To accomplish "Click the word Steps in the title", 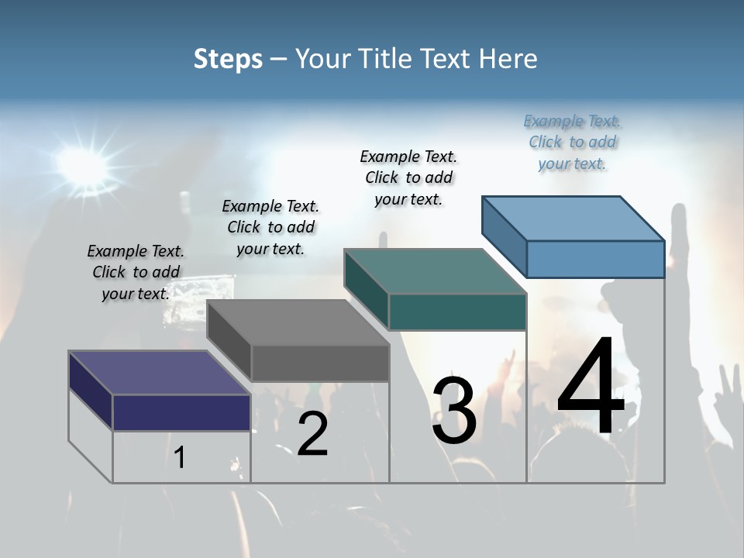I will (228, 59).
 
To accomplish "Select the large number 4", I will (591, 387).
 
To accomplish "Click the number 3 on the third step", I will (454, 411).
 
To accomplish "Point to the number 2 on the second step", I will (312, 434).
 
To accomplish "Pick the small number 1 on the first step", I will (180, 458).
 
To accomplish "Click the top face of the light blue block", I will (573, 218).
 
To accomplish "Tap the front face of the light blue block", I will (595, 259).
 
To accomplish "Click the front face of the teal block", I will (457, 312).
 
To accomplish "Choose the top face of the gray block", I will (298, 322).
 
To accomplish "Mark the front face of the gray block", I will (320, 363).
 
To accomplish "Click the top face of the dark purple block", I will (160, 373).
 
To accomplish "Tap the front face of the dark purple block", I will (181, 412).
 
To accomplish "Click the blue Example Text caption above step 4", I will (572, 143).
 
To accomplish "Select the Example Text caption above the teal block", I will (408, 177).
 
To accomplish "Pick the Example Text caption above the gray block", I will (270, 227).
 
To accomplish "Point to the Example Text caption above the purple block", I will (136, 272).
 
